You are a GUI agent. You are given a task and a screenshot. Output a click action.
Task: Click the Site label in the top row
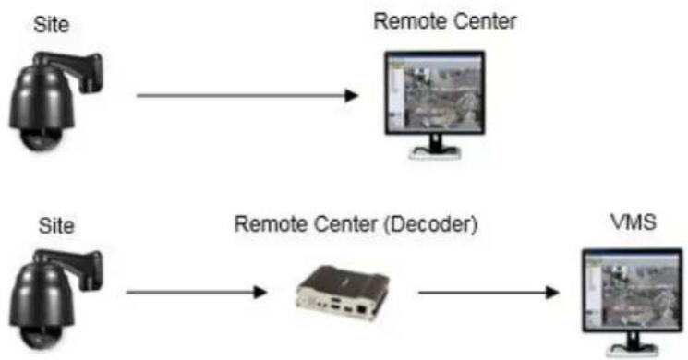pyautogui.click(x=52, y=25)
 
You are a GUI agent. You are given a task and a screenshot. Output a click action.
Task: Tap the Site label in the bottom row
pyautogui.click(x=56, y=225)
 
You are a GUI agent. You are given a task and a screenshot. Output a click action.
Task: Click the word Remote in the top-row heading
pyautogui.click(x=409, y=21)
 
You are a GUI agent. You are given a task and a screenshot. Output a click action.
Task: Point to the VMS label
pyautogui.click(x=634, y=222)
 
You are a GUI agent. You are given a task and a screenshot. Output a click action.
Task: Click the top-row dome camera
pyautogui.click(x=55, y=102)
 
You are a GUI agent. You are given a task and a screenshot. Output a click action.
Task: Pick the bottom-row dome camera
pyautogui.click(x=55, y=299)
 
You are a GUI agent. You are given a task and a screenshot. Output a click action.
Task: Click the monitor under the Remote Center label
pyautogui.click(x=435, y=104)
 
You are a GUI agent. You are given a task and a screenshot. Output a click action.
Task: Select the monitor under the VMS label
pyautogui.click(x=633, y=302)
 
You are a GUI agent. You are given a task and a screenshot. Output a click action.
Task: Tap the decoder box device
pyautogui.click(x=344, y=293)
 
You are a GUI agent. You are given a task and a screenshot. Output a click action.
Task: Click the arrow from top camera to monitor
pyautogui.click(x=247, y=95)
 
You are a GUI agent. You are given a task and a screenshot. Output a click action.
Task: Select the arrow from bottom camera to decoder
pyautogui.click(x=197, y=292)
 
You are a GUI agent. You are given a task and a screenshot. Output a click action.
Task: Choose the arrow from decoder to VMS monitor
pyautogui.click(x=489, y=292)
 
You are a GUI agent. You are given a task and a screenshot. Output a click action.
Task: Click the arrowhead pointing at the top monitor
pyautogui.click(x=352, y=95)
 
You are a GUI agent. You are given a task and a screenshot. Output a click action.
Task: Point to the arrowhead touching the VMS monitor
pyautogui.click(x=552, y=292)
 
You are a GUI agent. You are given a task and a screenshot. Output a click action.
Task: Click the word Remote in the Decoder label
pyautogui.click(x=271, y=224)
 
